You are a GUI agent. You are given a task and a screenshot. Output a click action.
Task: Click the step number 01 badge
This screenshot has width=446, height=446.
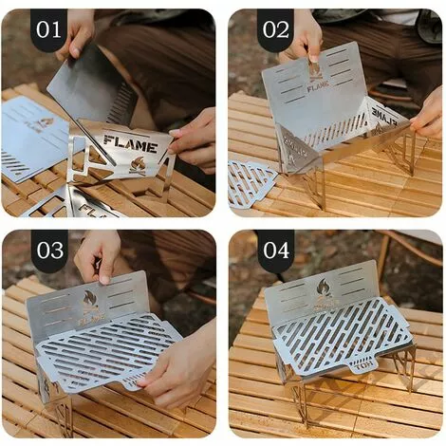click(x=48, y=29)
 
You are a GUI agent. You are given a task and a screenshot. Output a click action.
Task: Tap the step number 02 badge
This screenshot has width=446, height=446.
click(x=274, y=29)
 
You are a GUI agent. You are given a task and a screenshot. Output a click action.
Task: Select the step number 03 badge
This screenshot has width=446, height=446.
click(x=48, y=251)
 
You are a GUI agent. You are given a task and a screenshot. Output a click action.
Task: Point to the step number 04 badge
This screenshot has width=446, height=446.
click(x=274, y=251)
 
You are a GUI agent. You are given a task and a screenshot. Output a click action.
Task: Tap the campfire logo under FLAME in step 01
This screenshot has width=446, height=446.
click(x=138, y=163)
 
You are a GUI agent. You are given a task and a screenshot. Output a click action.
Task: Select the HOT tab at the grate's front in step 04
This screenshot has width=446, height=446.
click(x=363, y=362)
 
